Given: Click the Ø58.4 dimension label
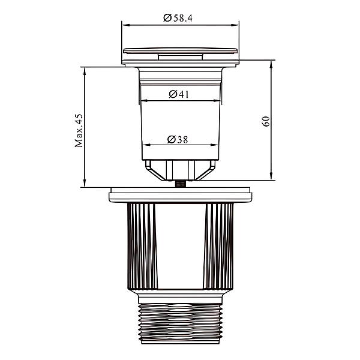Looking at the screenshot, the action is [x=178, y=18].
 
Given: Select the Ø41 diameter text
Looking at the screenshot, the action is [x=179, y=94].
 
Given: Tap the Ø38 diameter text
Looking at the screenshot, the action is [x=178, y=139].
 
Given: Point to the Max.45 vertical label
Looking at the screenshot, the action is [x=79, y=130].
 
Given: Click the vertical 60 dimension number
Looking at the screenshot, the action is [x=266, y=121].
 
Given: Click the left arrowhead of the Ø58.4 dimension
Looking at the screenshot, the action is [x=126, y=25].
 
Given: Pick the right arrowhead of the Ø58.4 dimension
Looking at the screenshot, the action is [x=235, y=25].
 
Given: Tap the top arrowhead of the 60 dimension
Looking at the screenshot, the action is [x=271, y=65].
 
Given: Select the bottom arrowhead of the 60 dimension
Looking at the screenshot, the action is [x=271, y=176].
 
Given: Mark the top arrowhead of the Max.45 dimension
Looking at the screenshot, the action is [x=85, y=71].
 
